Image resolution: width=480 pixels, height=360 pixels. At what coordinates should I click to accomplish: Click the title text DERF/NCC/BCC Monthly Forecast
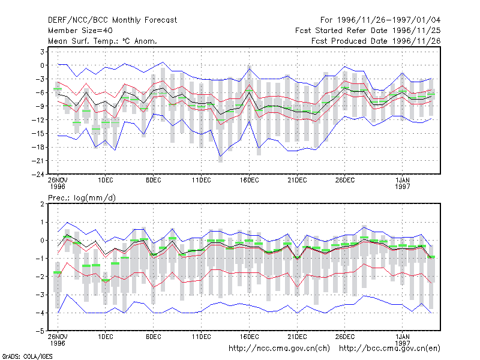(x=112, y=20)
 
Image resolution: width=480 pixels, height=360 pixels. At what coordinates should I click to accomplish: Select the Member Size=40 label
(x=80, y=31)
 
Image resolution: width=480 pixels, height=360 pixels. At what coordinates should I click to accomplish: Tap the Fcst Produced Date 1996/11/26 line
(x=376, y=41)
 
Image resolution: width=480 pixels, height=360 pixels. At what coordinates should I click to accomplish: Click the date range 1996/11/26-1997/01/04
(x=389, y=20)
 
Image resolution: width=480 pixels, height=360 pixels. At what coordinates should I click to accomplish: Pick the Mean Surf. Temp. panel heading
(x=103, y=41)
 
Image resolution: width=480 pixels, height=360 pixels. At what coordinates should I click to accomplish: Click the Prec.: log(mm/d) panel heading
(x=82, y=198)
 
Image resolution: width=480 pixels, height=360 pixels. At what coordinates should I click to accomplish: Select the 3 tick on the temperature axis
(x=42, y=52)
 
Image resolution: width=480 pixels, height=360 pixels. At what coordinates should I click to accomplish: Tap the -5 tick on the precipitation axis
(x=40, y=331)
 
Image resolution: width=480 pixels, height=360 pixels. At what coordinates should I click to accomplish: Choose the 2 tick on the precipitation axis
(x=42, y=204)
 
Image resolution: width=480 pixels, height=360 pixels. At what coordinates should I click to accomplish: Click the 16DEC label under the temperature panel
(x=249, y=180)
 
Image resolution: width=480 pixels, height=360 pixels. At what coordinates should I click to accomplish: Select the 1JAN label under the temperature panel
(x=402, y=180)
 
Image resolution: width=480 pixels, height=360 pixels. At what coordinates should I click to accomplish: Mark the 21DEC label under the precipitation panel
(x=297, y=337)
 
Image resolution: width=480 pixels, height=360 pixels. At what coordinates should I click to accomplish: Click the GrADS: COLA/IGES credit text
(x=27, y=356)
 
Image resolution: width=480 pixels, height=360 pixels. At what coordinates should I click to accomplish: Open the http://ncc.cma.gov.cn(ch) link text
(x=279, y=349)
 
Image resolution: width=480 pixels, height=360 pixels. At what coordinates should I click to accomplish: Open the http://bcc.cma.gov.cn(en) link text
(x=389, y=349)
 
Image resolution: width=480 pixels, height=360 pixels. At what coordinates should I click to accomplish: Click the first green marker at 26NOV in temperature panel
(x=58, y=89)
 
